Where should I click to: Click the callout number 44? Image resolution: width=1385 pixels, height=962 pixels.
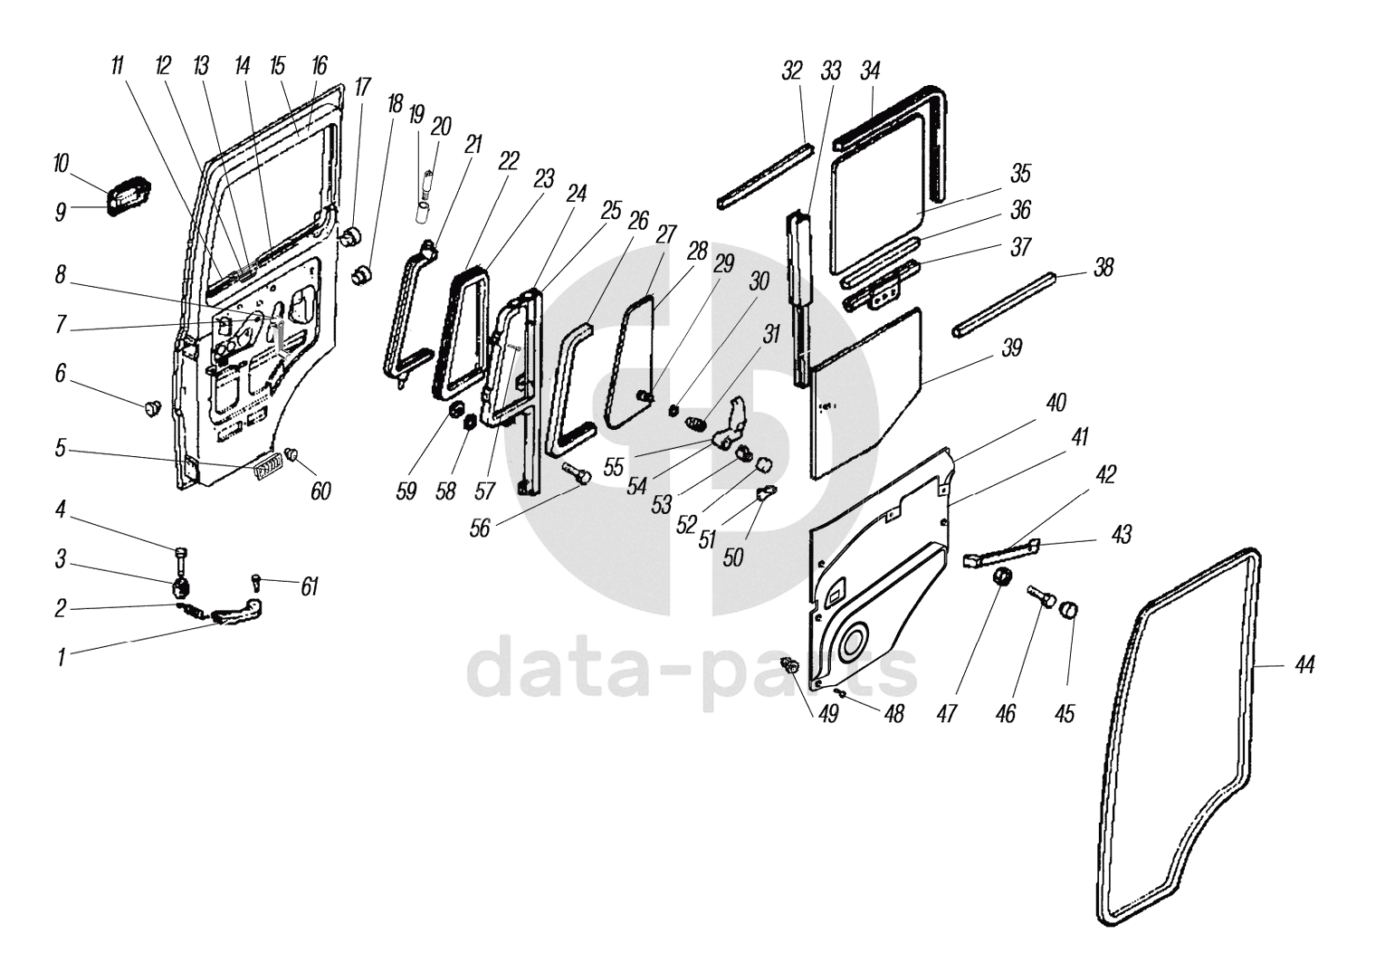point(1304,665)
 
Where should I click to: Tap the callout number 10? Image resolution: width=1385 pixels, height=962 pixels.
point(61,164)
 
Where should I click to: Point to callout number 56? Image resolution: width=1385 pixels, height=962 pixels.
point(479,527)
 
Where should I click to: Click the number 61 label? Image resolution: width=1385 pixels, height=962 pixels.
point(310,586)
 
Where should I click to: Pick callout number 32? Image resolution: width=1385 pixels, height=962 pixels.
point(792,71)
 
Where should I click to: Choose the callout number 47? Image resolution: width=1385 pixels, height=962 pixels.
point(947,714)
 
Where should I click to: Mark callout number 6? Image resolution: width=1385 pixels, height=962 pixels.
point(61,373)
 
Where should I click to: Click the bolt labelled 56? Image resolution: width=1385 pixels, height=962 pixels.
point(578,473)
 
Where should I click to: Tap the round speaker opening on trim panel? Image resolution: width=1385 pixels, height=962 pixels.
point(852,643)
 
